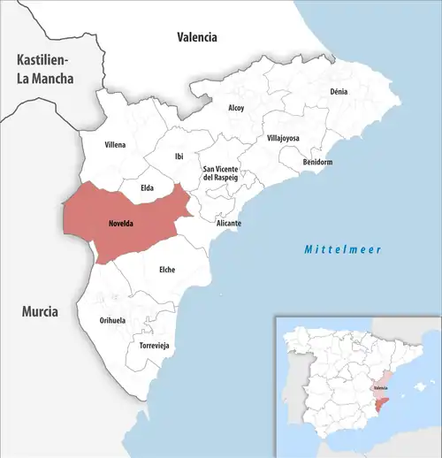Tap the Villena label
point(115,144)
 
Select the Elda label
point(147,187)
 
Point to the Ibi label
point(179,156)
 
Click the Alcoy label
point(236,108)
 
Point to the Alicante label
point(229,224)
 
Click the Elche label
point(165,270)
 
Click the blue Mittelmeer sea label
point(342,250)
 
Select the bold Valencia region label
point(196,37)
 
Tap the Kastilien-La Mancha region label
point(38,69)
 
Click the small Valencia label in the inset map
point(380,388)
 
